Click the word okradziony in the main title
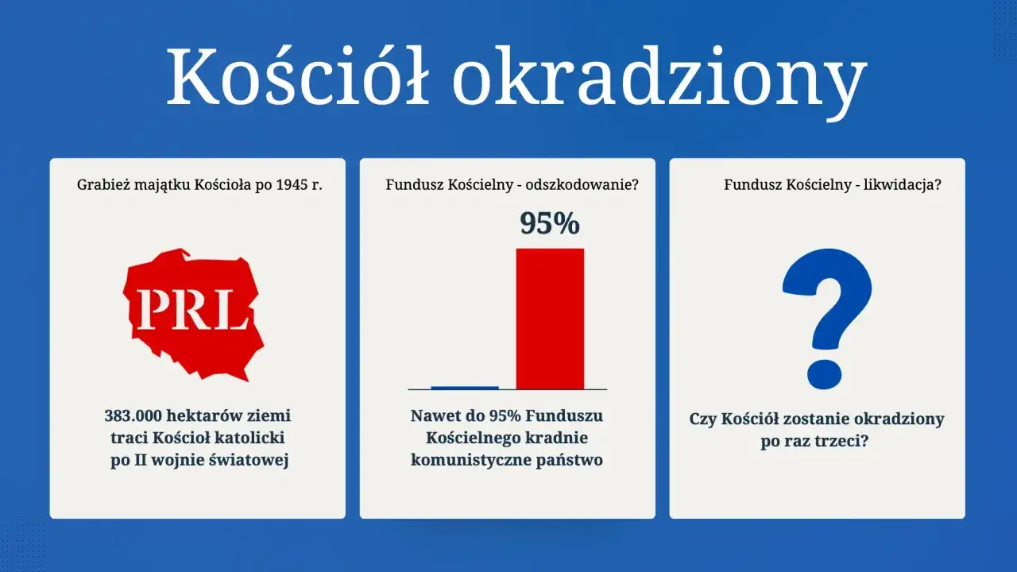coord(659,78)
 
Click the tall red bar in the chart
coord(550,318)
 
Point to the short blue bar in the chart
coord(465,388)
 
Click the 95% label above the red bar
coord(550,224)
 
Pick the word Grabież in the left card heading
coord(101,185)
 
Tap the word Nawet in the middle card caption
coord(435,415)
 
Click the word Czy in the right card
coord(702,419)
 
